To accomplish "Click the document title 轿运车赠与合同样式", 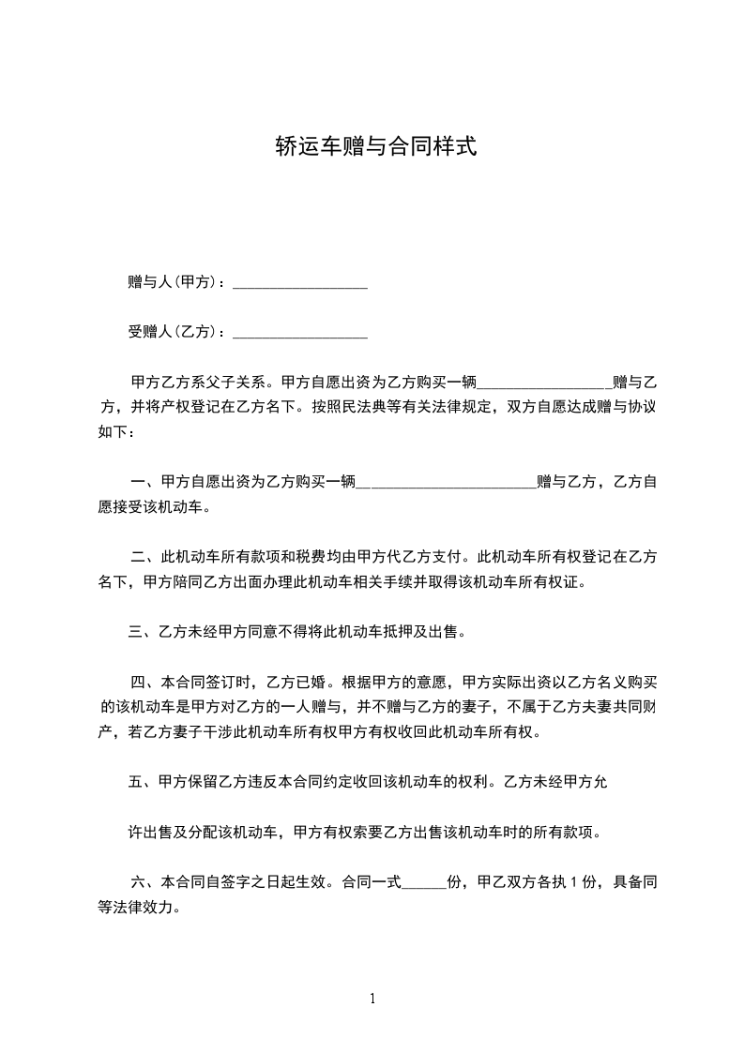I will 375,146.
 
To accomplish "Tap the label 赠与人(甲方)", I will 175,282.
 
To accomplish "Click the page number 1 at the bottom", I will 372,999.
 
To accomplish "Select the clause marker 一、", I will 144,482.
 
